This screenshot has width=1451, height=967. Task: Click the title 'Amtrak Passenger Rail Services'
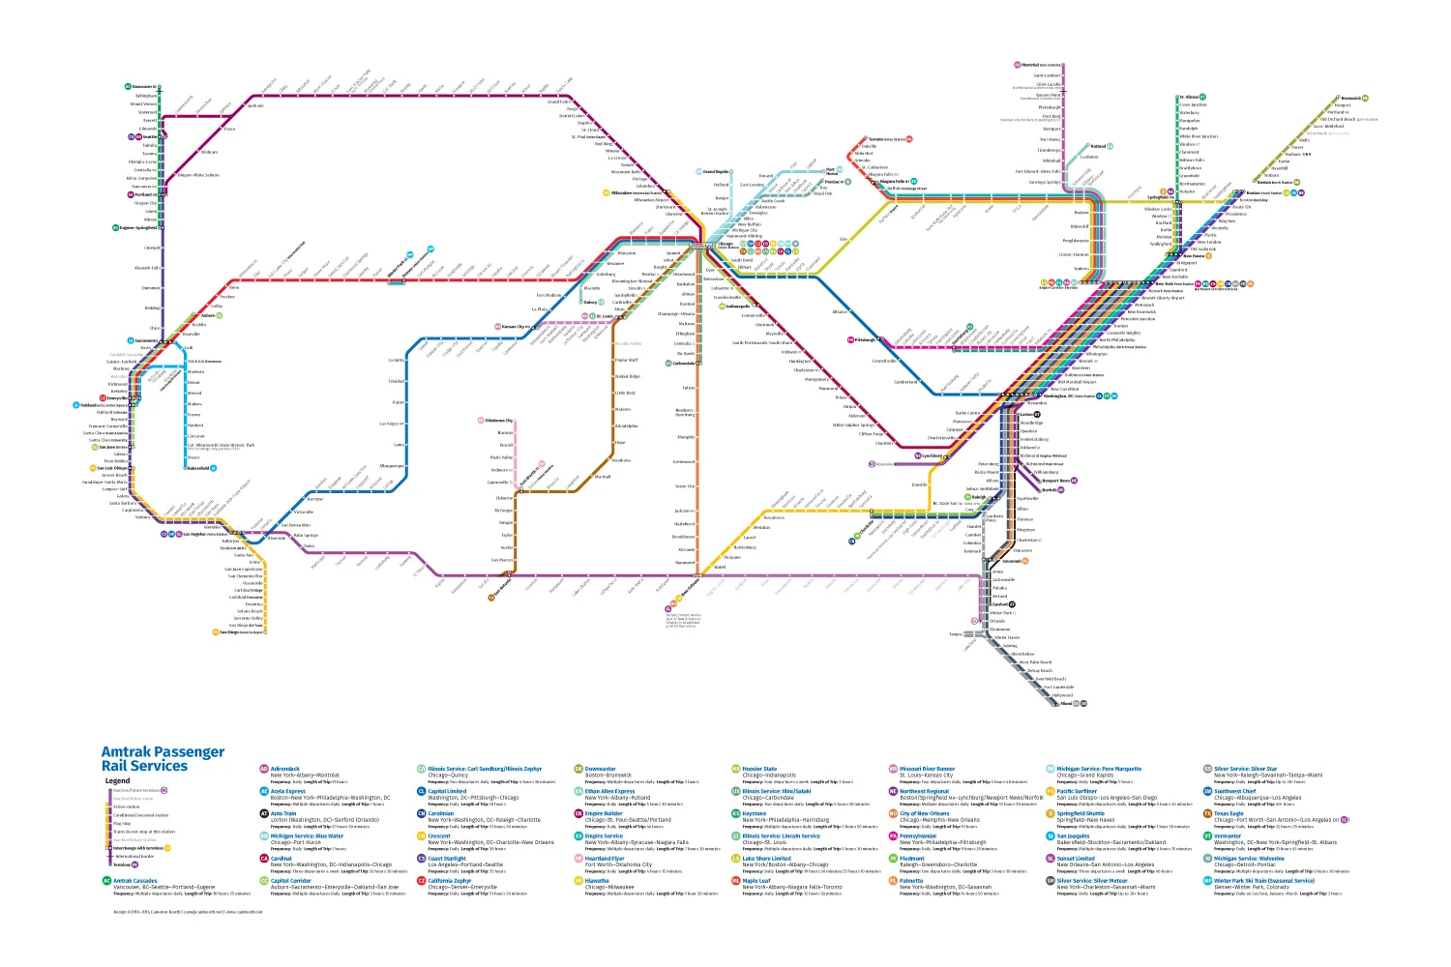coord(162,758)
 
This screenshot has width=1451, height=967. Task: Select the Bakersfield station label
coord(197,468)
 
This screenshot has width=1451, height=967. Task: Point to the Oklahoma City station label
coord(499,421)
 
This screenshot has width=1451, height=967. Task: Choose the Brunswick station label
coord(1351,98)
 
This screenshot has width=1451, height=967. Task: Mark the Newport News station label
coord(1056,481)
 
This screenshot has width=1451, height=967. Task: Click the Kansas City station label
coord(516,327)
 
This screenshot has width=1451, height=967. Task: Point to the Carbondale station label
coord(684,364)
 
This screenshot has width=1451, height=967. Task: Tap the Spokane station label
coord(254,105)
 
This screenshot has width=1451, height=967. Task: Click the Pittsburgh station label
coord(865,339)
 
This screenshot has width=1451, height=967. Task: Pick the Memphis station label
coord(686,437)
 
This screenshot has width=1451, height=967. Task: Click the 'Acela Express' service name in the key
coord(287,791)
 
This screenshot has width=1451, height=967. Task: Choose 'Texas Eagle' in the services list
coord(1229,813)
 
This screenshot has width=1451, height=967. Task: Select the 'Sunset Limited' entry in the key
coord(1076,858)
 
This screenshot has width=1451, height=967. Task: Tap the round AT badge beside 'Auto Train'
coord(264,813)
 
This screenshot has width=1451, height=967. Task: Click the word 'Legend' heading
coord(117,780)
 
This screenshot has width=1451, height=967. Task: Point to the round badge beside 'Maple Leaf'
coord(736,880)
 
